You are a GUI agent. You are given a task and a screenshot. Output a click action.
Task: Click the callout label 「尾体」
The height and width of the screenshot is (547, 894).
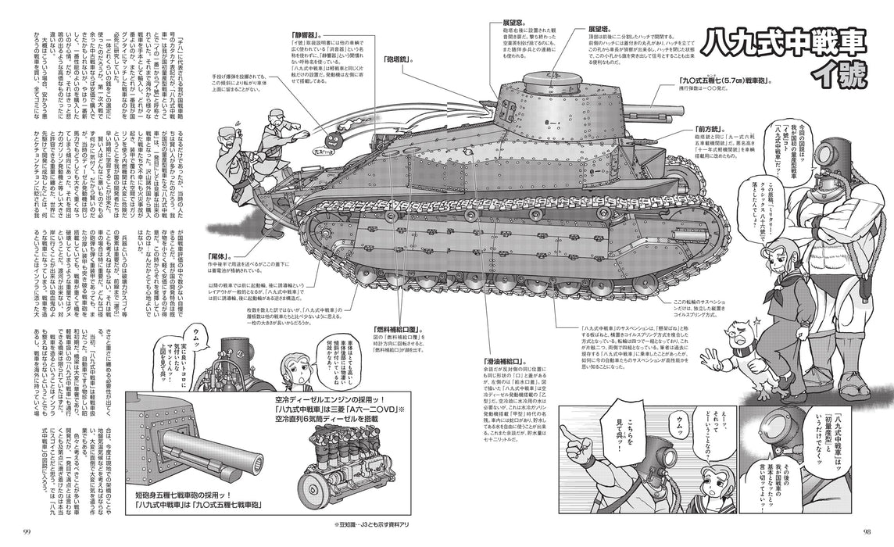tap(223, 256)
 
